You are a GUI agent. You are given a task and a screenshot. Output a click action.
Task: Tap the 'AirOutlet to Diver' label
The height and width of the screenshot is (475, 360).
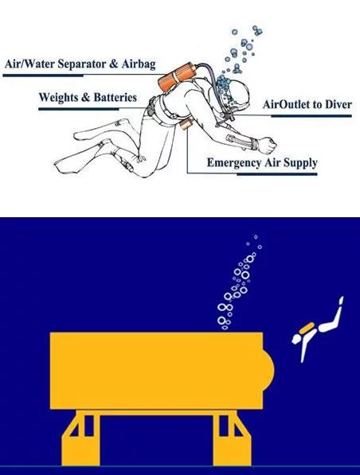(307, 104)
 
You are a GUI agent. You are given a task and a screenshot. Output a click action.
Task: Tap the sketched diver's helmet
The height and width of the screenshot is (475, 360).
(232, 95)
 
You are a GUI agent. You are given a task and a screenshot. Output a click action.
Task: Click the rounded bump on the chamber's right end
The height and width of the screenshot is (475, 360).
(269, 368)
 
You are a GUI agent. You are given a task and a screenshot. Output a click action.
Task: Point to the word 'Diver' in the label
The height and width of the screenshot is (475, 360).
(335, 104)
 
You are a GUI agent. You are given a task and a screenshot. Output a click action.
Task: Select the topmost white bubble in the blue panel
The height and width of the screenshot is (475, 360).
(256, 236)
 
